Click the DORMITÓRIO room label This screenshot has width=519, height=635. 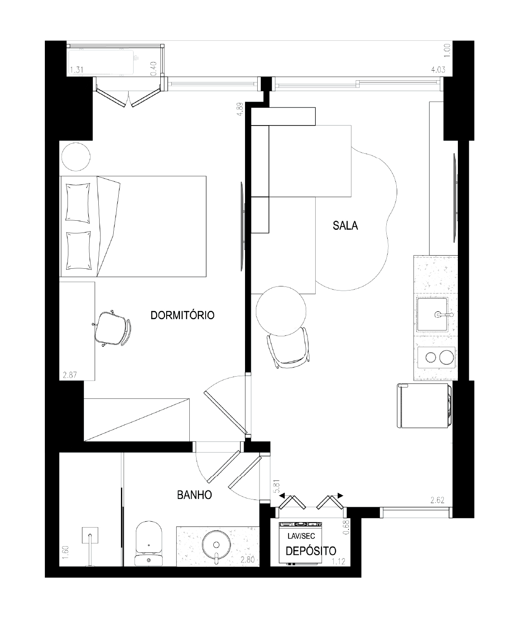pos(183,315)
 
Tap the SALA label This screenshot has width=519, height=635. pos(345,226)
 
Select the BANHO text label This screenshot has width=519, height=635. pos(194,495)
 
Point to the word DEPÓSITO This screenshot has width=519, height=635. pos(311,551)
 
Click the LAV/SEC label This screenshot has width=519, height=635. pos(301,536)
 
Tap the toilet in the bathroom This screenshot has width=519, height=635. pos(149,543)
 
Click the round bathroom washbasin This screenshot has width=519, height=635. pos(216,545)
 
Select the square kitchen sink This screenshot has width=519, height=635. pos(432,315)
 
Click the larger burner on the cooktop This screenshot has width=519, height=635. pos(447,358)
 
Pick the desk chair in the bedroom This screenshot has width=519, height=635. pos(112,329)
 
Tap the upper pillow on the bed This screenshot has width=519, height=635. pos(78,203)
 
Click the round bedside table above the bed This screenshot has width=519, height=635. pos(76,156)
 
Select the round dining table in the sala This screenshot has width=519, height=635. pos(281,311)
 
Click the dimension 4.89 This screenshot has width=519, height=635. pos(240,109)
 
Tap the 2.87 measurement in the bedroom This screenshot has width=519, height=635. pos(70,375)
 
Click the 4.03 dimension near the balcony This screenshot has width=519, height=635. pos(438,69)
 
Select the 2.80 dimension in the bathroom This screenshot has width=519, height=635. pos(248,560)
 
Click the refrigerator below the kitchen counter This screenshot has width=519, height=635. pos(424,406)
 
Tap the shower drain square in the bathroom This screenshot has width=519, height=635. pos(90,535)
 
